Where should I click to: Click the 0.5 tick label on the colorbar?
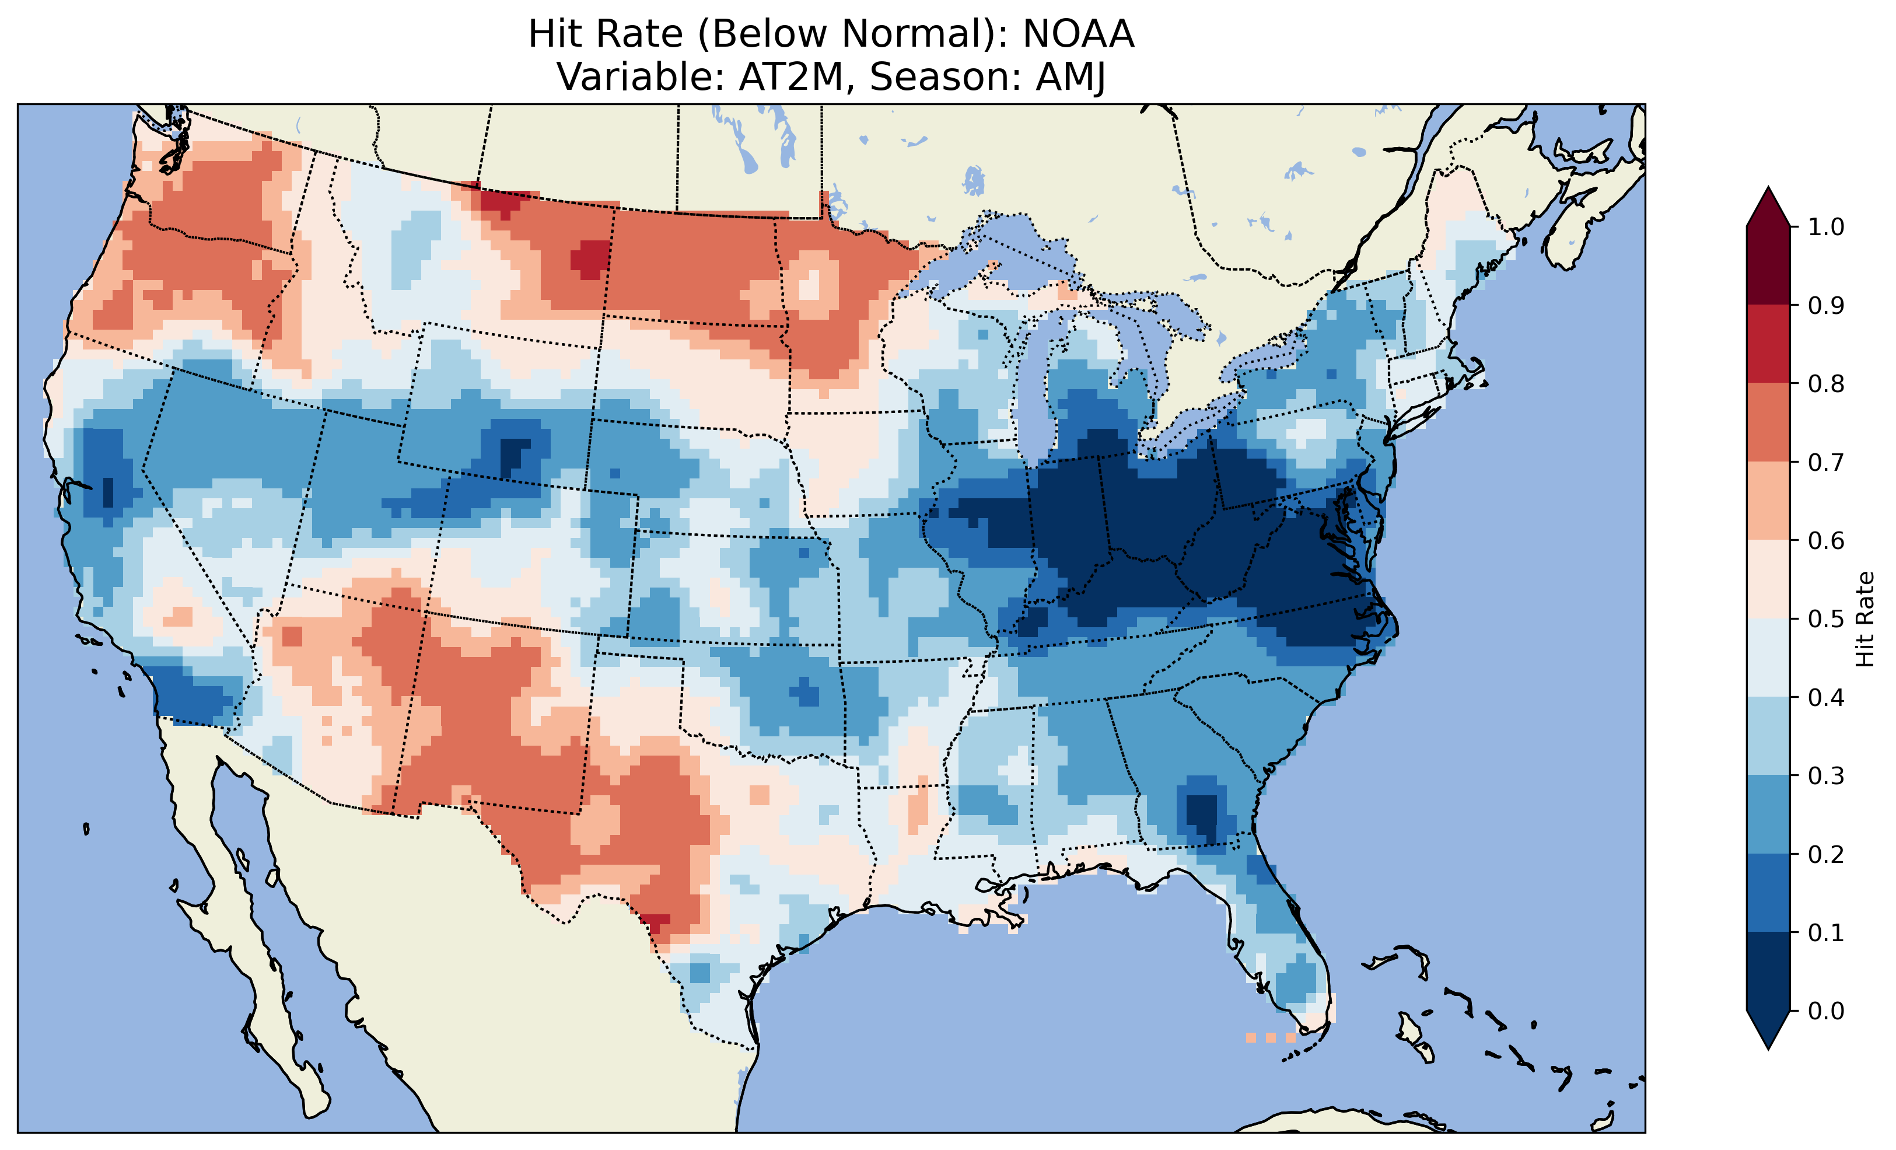click(x=1825, y=620)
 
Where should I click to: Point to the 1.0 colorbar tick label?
click(x=1825, y=227)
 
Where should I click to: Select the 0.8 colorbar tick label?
click(x=1825, y=384)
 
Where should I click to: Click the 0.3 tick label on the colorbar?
click(x=1825, y=776)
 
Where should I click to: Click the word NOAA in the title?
click(x=1078, y=34)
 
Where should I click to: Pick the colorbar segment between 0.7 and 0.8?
click(x=1768, y=422)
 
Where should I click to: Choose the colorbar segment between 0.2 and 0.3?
click(x=1768, y=815)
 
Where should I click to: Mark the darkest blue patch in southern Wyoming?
click(x=512, y=456)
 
